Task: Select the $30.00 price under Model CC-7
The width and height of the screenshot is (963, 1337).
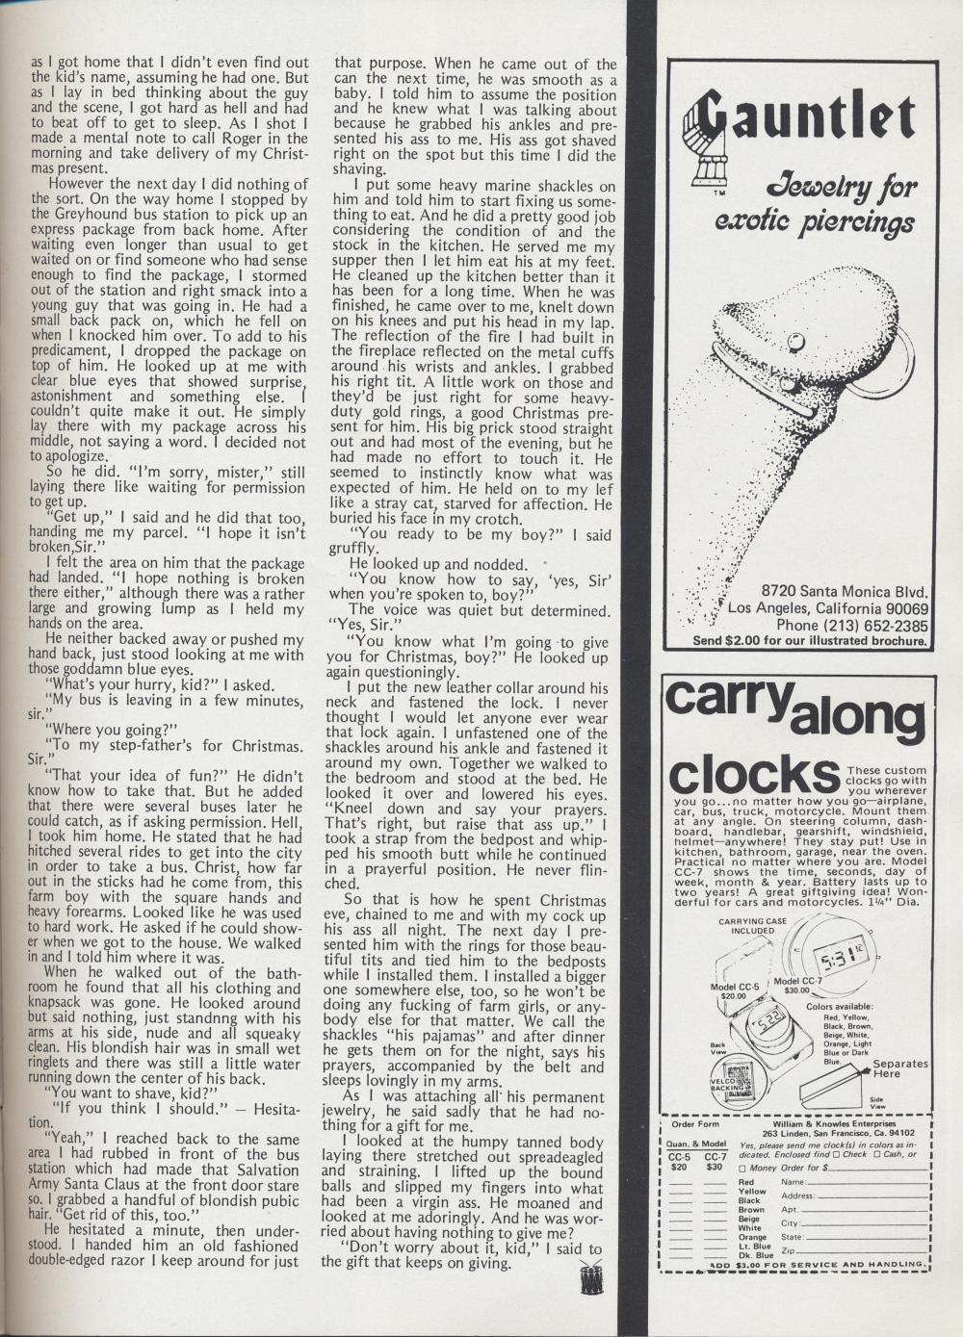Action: pos(796,990)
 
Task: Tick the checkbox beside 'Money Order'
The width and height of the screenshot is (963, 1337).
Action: pos(742,1168)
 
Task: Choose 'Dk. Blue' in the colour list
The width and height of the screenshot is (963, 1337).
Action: pos(756,1255)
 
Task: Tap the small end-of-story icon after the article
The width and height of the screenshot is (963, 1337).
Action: pos(590,1279)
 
